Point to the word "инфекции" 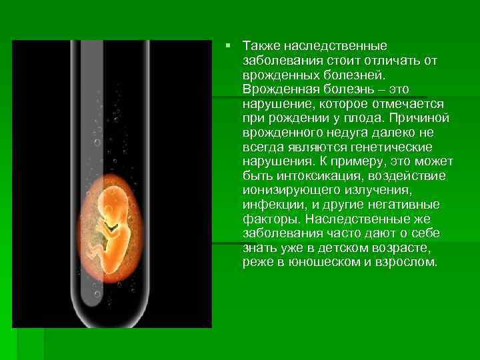coord(271,205)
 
